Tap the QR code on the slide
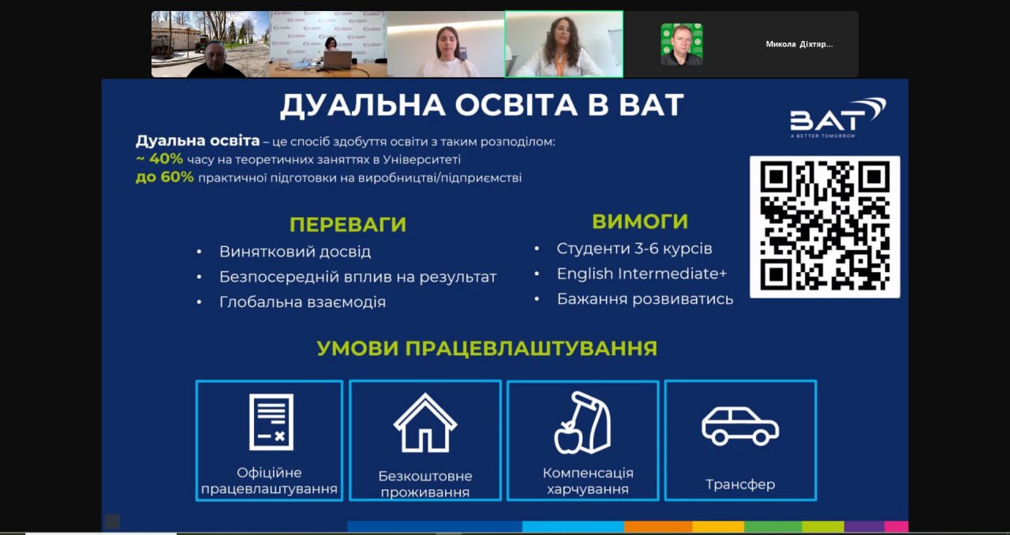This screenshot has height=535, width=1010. [825, 227]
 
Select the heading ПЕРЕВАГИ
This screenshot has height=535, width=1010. [348, 225]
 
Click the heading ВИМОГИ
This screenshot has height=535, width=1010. [640, 222]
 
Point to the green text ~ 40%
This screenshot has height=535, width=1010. [159, 159]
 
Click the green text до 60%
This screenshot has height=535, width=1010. [165, 177]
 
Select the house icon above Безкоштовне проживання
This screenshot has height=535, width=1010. [425, 422]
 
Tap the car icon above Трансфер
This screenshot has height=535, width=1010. [740, 426]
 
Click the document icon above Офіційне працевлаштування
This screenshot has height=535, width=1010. [271, 422]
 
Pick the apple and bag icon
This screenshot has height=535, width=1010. [582, 423]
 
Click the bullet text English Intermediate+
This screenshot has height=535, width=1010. [642, 274]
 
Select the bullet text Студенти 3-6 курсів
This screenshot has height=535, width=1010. [634, 249]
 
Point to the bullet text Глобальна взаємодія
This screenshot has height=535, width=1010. [302, 301]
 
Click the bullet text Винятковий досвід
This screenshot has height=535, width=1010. [295, 252]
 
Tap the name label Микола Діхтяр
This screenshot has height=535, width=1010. [799, 44]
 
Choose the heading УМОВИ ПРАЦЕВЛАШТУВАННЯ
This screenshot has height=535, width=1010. [487, 348]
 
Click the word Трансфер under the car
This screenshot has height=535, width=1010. [740, 484]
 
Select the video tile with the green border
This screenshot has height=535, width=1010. [563, 44]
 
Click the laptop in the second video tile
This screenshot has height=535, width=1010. [336, 61]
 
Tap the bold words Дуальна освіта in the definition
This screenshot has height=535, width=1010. [198, 140]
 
